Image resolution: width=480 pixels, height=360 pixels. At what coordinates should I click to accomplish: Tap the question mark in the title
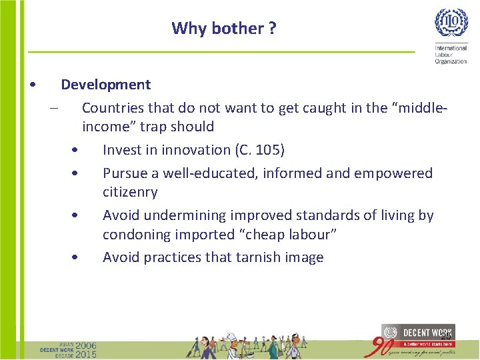pos(272,29)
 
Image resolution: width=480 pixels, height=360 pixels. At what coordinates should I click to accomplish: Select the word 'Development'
pos(106,85)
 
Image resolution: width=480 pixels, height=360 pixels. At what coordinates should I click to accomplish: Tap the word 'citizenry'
pos(130,192)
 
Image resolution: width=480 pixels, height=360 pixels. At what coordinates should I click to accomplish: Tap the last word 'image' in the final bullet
pos(304,258)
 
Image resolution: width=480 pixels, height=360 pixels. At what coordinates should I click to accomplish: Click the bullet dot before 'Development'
pos(33,85)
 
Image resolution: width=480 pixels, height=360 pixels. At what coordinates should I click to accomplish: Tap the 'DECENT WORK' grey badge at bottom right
pos(418,333)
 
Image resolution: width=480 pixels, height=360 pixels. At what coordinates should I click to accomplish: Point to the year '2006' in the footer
pos(86,346)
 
